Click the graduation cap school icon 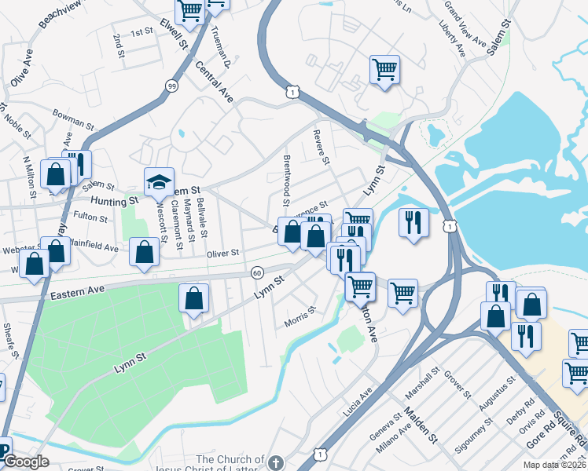click(x=159, y=183)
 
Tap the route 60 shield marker click(x=257, y=272)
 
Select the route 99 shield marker click(x=171, y=85)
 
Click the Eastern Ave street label click(x=77, y=295)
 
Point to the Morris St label click(x=300, y=315)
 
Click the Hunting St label click(x=114, y=201)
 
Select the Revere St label click(x=320, y=147)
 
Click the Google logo click(x=25, y=462)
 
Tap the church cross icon click(x=274, y=462)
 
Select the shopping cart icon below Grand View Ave click(x=384, y=70)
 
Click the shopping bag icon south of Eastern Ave click(x=193, y=299)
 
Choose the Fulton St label click(x=90, y=217)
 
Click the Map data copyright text click(x=553, y=465)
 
